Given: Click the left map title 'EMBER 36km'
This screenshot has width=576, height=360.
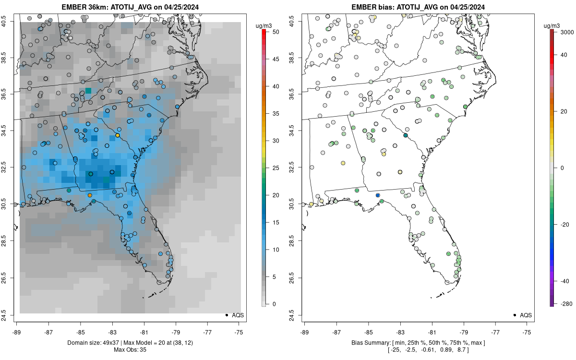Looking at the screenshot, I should click(x=81, y=7).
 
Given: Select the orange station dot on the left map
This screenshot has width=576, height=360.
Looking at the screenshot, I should click(x=90, y=195).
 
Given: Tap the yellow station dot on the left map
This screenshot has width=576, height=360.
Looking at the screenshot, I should click(x=118, y=136).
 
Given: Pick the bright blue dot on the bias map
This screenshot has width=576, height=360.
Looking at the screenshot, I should click(x=378, y=195).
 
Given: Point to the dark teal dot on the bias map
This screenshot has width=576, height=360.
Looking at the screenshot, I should click(x=406, y=136).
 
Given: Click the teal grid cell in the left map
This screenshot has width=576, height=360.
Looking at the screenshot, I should click(x=88, y=90).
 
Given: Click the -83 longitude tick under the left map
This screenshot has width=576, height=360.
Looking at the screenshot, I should click(x=112, y=332).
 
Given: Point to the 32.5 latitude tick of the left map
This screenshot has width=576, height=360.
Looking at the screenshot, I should click(x=10, y=168).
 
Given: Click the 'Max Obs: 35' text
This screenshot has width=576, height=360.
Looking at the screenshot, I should click(x=130, y=349).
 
